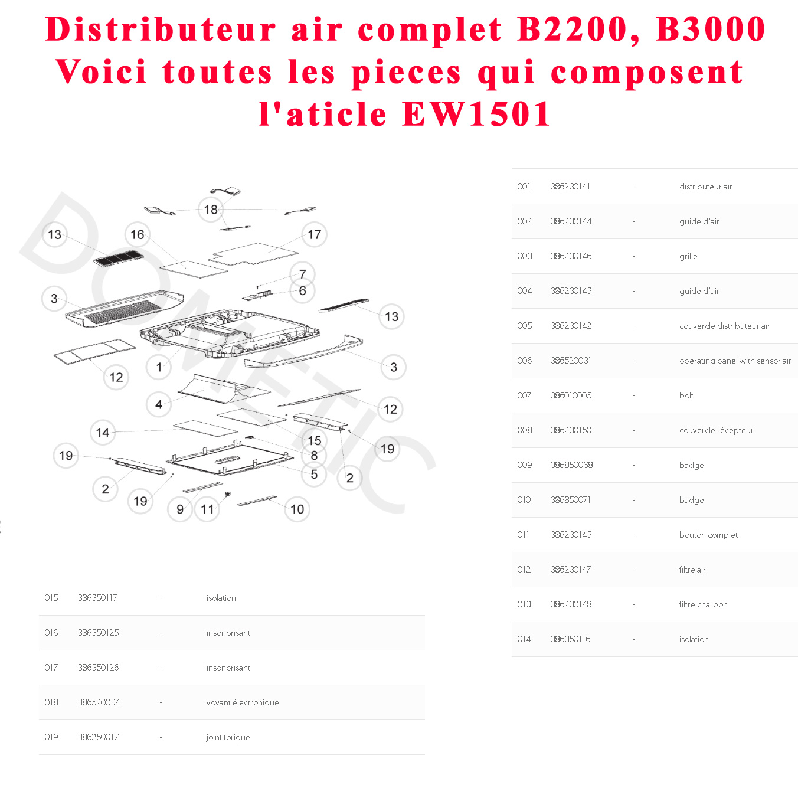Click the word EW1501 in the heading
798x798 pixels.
coord(477,114)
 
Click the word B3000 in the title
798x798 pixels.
coord(711,30)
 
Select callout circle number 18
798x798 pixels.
coord(211,210)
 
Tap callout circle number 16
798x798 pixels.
coord(138,235)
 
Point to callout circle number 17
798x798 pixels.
coord(314,235)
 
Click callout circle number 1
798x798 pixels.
coord(159,367)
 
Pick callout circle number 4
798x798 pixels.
coord(159,404)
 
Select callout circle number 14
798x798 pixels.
coord(103,433)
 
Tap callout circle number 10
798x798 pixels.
coord(297,509)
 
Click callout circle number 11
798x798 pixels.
coord(207,509)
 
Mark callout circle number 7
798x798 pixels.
coord(303,274)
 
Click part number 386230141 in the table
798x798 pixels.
coord(570,187)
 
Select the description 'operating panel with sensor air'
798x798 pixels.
coord(735,361)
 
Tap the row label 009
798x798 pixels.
coord(524,465)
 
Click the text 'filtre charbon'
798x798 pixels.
coord(703,604)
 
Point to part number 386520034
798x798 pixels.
coord(99,702)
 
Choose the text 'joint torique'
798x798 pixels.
coord(228,737)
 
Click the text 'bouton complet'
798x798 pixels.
coord(708,535)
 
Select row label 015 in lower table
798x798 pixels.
coord(51,598)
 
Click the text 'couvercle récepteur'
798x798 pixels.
coord(716,430)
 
